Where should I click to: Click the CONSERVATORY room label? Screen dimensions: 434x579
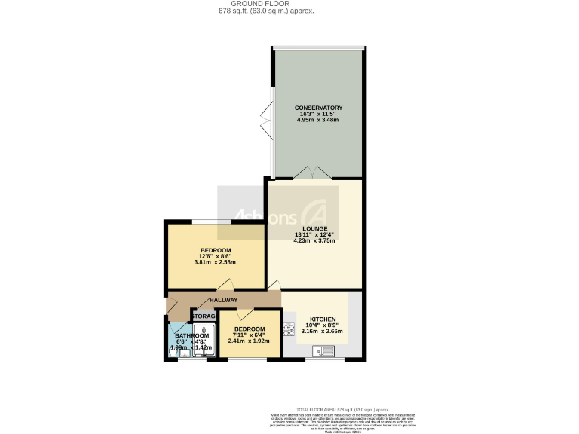(319, 108)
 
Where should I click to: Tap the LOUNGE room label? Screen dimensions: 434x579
(315, 228)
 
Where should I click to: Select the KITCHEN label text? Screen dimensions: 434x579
(323, 319)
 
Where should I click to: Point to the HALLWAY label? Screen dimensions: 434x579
(224, 300)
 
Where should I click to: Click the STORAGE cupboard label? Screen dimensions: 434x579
(204, 316)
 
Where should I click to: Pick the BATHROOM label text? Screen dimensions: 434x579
(191, 336)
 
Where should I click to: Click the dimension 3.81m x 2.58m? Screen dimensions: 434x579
(215, 262)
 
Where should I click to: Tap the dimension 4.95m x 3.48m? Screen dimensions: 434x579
(319, 120)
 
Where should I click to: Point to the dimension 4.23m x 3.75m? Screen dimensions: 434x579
(315, 240)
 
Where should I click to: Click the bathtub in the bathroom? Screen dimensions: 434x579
(202, 341)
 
